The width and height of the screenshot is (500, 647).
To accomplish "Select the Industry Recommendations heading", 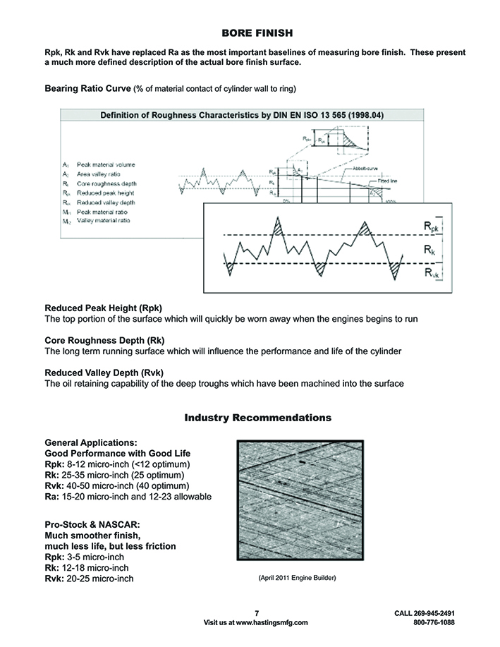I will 257,418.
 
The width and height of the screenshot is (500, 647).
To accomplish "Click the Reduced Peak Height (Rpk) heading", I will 103,308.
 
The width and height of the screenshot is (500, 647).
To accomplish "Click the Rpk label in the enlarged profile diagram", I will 430,226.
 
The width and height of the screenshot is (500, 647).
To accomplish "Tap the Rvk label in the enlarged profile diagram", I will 430,273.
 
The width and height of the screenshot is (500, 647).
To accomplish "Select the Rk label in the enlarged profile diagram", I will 429,249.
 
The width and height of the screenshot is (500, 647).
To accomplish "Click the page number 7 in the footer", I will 257,614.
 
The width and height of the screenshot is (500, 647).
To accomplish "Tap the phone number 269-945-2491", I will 434,614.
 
